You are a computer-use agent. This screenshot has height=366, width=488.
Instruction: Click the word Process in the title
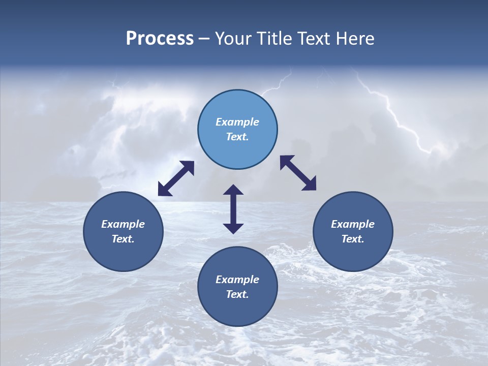click(160, 39)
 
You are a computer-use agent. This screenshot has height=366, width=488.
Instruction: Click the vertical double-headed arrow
click(233, 209)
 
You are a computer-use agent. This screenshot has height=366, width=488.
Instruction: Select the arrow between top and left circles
click(176, 178)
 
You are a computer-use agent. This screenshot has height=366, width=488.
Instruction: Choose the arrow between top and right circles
click(298, 173)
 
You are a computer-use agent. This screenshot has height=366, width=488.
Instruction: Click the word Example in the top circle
click(237, 122)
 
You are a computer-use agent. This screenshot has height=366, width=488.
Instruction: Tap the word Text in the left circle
click(123, 239)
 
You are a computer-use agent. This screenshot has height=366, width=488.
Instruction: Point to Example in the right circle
click(353, 224)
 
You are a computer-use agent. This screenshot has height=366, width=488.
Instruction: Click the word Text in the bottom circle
click(237, 294)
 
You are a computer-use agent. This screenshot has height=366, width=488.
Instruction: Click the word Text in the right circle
click(353, 239)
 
